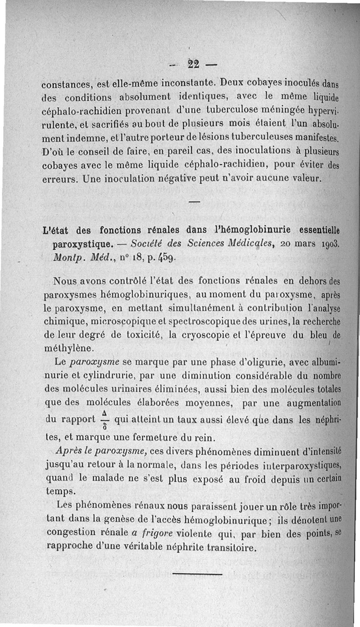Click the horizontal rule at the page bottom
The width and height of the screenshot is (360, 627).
(x=197, y=573)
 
